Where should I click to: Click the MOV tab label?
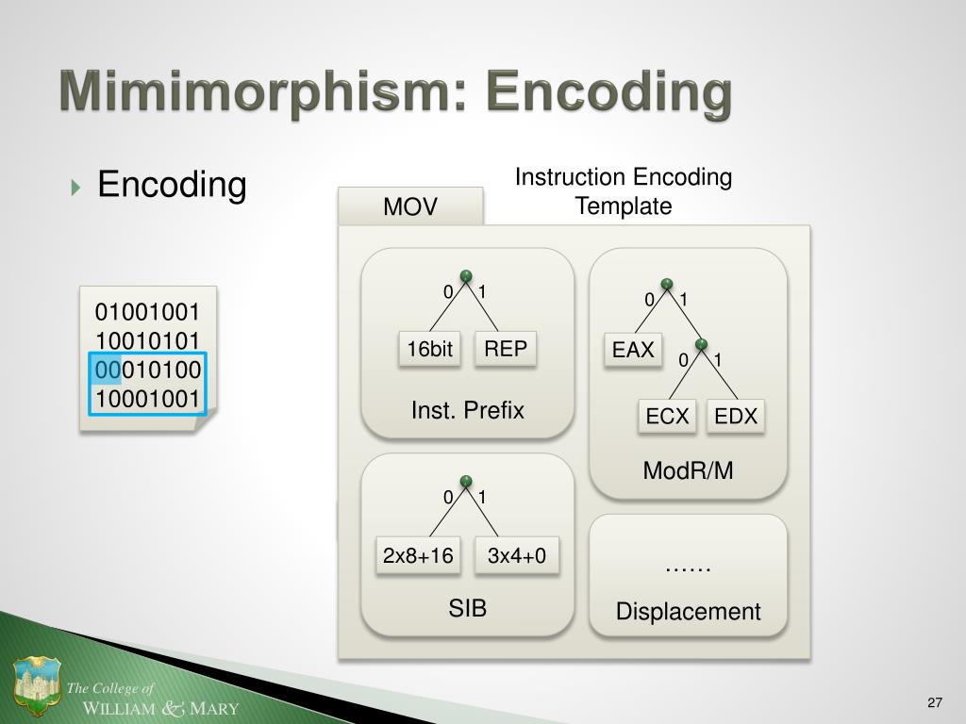[410, 206]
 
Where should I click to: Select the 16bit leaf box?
[430, 350]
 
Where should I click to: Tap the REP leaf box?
[506, 349]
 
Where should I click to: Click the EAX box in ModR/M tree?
[633, 351]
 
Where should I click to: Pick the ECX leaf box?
[668, 416]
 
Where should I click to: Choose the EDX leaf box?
[736, 416]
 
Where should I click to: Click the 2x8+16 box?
[418, 556]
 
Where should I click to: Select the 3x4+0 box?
[517, 556]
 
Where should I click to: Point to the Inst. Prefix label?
[467, 410]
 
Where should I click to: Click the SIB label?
[467, 608]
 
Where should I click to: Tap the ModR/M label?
[688, 470]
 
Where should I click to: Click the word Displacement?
[688, 612]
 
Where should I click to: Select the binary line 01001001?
[147, 312]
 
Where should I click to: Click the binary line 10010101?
[147, 340]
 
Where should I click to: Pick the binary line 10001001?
[147, 398]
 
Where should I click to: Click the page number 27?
[935, 702]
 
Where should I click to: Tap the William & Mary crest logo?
[37, 687]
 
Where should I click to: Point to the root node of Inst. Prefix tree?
[466, 275]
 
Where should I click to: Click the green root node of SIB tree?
[466, 480]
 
